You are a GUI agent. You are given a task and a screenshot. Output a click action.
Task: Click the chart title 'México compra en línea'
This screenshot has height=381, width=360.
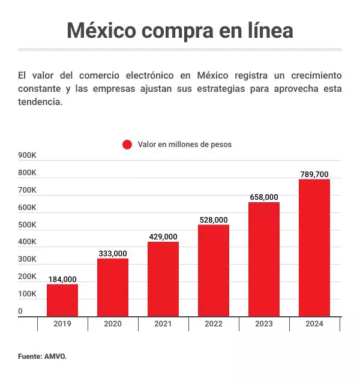179,30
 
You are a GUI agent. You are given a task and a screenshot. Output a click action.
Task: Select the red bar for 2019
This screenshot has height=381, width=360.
62,300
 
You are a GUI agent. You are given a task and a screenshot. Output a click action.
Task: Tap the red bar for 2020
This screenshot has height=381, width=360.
113,287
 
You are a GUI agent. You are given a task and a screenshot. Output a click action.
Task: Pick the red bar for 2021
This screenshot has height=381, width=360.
163,279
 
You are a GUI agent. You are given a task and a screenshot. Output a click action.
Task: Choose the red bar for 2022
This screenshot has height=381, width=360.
214,271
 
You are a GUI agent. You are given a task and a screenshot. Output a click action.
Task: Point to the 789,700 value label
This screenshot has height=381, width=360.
314,174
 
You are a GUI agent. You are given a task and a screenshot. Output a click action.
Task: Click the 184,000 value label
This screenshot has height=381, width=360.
62,279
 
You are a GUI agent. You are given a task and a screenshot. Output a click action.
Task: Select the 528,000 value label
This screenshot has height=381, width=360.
214,220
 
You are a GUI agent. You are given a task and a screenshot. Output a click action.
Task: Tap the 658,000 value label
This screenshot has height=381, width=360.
264,197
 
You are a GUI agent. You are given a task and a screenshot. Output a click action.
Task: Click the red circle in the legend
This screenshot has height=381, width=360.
127,145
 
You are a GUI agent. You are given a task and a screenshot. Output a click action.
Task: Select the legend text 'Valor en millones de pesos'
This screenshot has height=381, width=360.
184,145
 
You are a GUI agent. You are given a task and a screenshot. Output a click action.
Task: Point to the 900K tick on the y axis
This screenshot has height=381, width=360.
28,155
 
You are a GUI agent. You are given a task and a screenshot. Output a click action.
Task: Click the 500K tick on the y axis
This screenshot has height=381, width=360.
28,225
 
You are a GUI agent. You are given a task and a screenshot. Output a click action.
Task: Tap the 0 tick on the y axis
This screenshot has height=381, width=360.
20,311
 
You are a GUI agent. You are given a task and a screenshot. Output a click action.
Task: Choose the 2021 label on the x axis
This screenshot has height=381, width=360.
163,324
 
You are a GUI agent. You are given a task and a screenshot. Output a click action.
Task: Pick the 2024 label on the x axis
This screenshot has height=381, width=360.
314,324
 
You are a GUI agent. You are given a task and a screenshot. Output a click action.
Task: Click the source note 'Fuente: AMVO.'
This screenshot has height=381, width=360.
42,356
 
